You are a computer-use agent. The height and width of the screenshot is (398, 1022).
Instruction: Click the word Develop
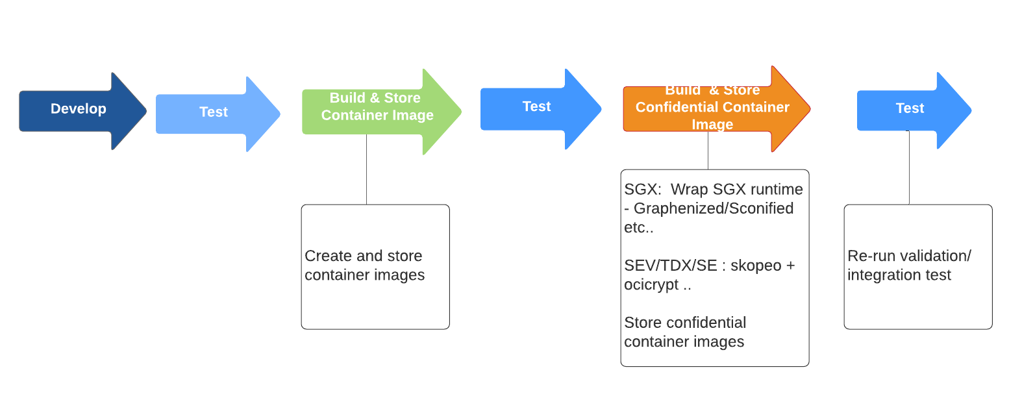(79, 109)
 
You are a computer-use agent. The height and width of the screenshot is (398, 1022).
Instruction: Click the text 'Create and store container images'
(364, 266)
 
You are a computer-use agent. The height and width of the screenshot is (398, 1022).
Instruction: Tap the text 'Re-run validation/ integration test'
(908, 266)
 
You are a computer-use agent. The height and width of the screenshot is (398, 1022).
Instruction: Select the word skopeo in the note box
(756, 266)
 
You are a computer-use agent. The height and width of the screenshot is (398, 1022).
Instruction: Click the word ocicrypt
(651, 285)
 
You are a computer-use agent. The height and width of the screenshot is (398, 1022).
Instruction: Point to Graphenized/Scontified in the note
(714, 208)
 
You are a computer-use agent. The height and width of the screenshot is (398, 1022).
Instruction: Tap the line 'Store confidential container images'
(684, 332)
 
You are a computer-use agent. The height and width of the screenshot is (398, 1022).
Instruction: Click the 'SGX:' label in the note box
(642, 190)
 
